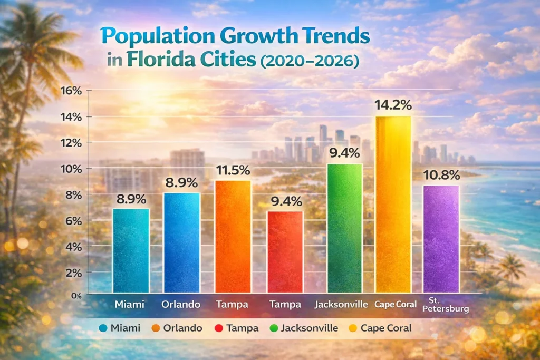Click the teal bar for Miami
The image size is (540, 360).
pos(130,251)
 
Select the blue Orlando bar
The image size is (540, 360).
pos(181,243)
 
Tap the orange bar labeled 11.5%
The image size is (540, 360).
pos(233,237)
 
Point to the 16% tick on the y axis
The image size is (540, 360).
pos(71,91)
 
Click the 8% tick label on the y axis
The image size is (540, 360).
pos(73,194)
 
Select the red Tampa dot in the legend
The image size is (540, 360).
pos(218,328)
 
